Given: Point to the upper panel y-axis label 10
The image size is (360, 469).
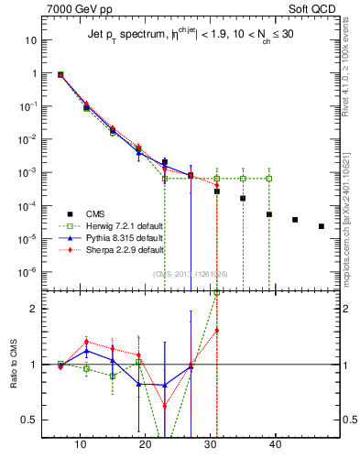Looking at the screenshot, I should pyautogui.click(x=30, y=41).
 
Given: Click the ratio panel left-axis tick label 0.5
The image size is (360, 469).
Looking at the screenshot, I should pyautogui.click(x=29, y=420).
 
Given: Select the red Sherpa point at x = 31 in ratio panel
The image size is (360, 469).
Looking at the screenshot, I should pyautogui.click(x=217, y=330).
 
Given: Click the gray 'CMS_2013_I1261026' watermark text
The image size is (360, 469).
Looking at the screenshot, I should pyautogui.click(x=191, y=272).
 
